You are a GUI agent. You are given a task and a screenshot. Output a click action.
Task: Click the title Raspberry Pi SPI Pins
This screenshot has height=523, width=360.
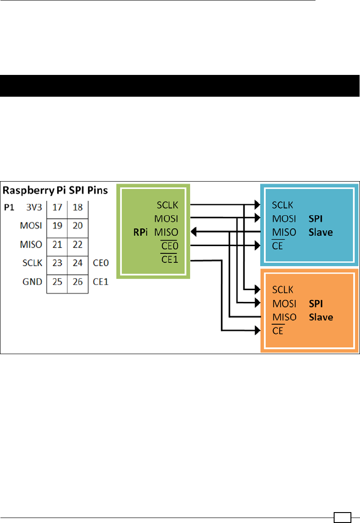click(x=56, y=190)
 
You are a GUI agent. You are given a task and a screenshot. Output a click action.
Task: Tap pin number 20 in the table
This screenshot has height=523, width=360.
click(x=78, y=226)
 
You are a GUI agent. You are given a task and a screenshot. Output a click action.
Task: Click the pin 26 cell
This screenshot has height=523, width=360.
click(x=78, y=281)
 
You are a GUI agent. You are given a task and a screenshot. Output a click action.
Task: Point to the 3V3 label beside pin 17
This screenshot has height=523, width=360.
click(x=34, y=207)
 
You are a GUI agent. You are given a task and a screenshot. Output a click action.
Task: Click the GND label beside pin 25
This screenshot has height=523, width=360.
click(x=32, y=281)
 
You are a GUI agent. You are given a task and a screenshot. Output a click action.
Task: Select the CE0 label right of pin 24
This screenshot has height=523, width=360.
click(x=100, y=263)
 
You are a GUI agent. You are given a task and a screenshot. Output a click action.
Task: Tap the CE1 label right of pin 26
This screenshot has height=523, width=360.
click(x=100, y=281)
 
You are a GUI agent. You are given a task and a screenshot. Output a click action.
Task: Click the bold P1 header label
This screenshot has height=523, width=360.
click(x=9, y=207)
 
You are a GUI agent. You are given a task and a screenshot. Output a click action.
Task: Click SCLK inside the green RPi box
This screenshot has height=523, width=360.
click(x=167, y=205)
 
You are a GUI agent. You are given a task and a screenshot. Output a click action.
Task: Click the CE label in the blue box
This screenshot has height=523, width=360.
click(x=277, y=246)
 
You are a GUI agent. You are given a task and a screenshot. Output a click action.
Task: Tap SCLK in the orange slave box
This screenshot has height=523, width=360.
click(x=283, y=289)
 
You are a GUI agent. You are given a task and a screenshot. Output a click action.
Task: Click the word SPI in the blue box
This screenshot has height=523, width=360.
click(x=316, y=218)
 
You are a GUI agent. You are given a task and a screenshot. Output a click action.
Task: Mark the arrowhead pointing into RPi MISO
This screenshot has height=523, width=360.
click(x=194, y=232)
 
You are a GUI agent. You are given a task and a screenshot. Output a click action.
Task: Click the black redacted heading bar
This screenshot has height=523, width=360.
click(x=180, y=86)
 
